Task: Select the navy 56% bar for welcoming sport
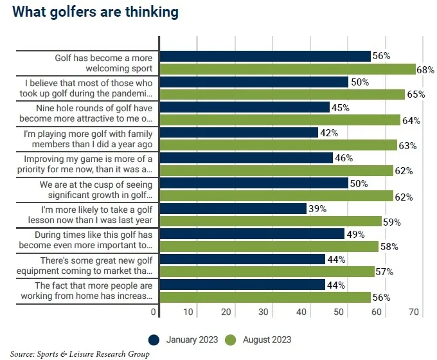click(x=265, y=57)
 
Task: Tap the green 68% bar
click(x=287, y=69)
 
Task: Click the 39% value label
click(x=317, y=209)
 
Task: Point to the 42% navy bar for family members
click(x=238, y=132)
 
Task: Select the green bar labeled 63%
click(x=278, y=145)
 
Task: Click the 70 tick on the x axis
click(x=414, y=312)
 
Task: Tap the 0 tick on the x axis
click(x=154, y=312)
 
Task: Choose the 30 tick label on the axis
click(x=263, y=312)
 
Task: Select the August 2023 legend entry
click(x=259, y=339)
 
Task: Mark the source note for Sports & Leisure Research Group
click(x=80, y=354)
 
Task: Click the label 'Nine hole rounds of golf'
click(x=85, y=113)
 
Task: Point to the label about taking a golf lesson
click(x=85, y=215)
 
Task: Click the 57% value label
click(x=384, y=272)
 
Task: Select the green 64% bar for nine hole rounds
click(x=280, y=120)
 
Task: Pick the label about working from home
click(x=85, y=291)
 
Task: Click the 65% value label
click(x=415, y=94)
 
